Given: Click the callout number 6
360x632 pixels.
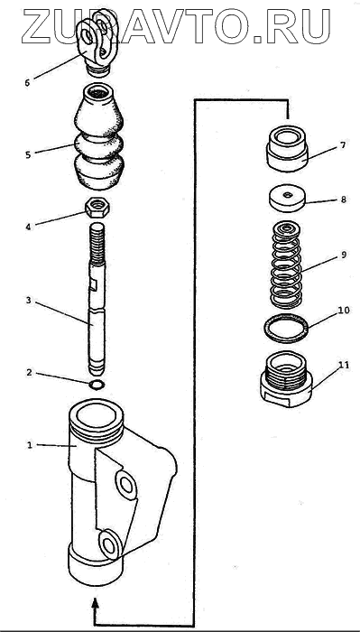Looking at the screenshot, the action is click(x=27, y=83).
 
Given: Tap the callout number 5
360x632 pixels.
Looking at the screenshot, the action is click(x=28, y=154).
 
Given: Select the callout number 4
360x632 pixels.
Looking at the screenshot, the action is click(x=28, y=227).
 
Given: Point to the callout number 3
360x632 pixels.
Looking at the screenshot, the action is click(x=28, y=301).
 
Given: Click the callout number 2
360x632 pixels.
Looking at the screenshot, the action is click(x=29, y=372).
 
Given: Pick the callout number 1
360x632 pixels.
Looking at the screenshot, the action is click(x=29, y=445).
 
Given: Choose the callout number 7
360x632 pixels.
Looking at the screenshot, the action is click(x=342, y=145).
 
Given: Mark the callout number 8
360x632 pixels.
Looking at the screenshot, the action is click(x=343, y=200).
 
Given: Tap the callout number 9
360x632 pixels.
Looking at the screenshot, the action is click(x=343, y=255).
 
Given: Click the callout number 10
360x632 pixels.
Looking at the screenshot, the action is click(x=344, y=311).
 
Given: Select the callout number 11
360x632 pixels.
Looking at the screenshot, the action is click(x=344, y=365).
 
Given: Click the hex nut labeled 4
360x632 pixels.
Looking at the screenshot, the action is click(x=97, y=208).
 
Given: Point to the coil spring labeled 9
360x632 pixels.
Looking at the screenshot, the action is click(x=286, y=265).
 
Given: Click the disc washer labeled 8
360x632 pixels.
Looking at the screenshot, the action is click(x=287, y=199).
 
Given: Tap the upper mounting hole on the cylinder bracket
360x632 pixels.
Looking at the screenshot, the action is click(x=126, y=486).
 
